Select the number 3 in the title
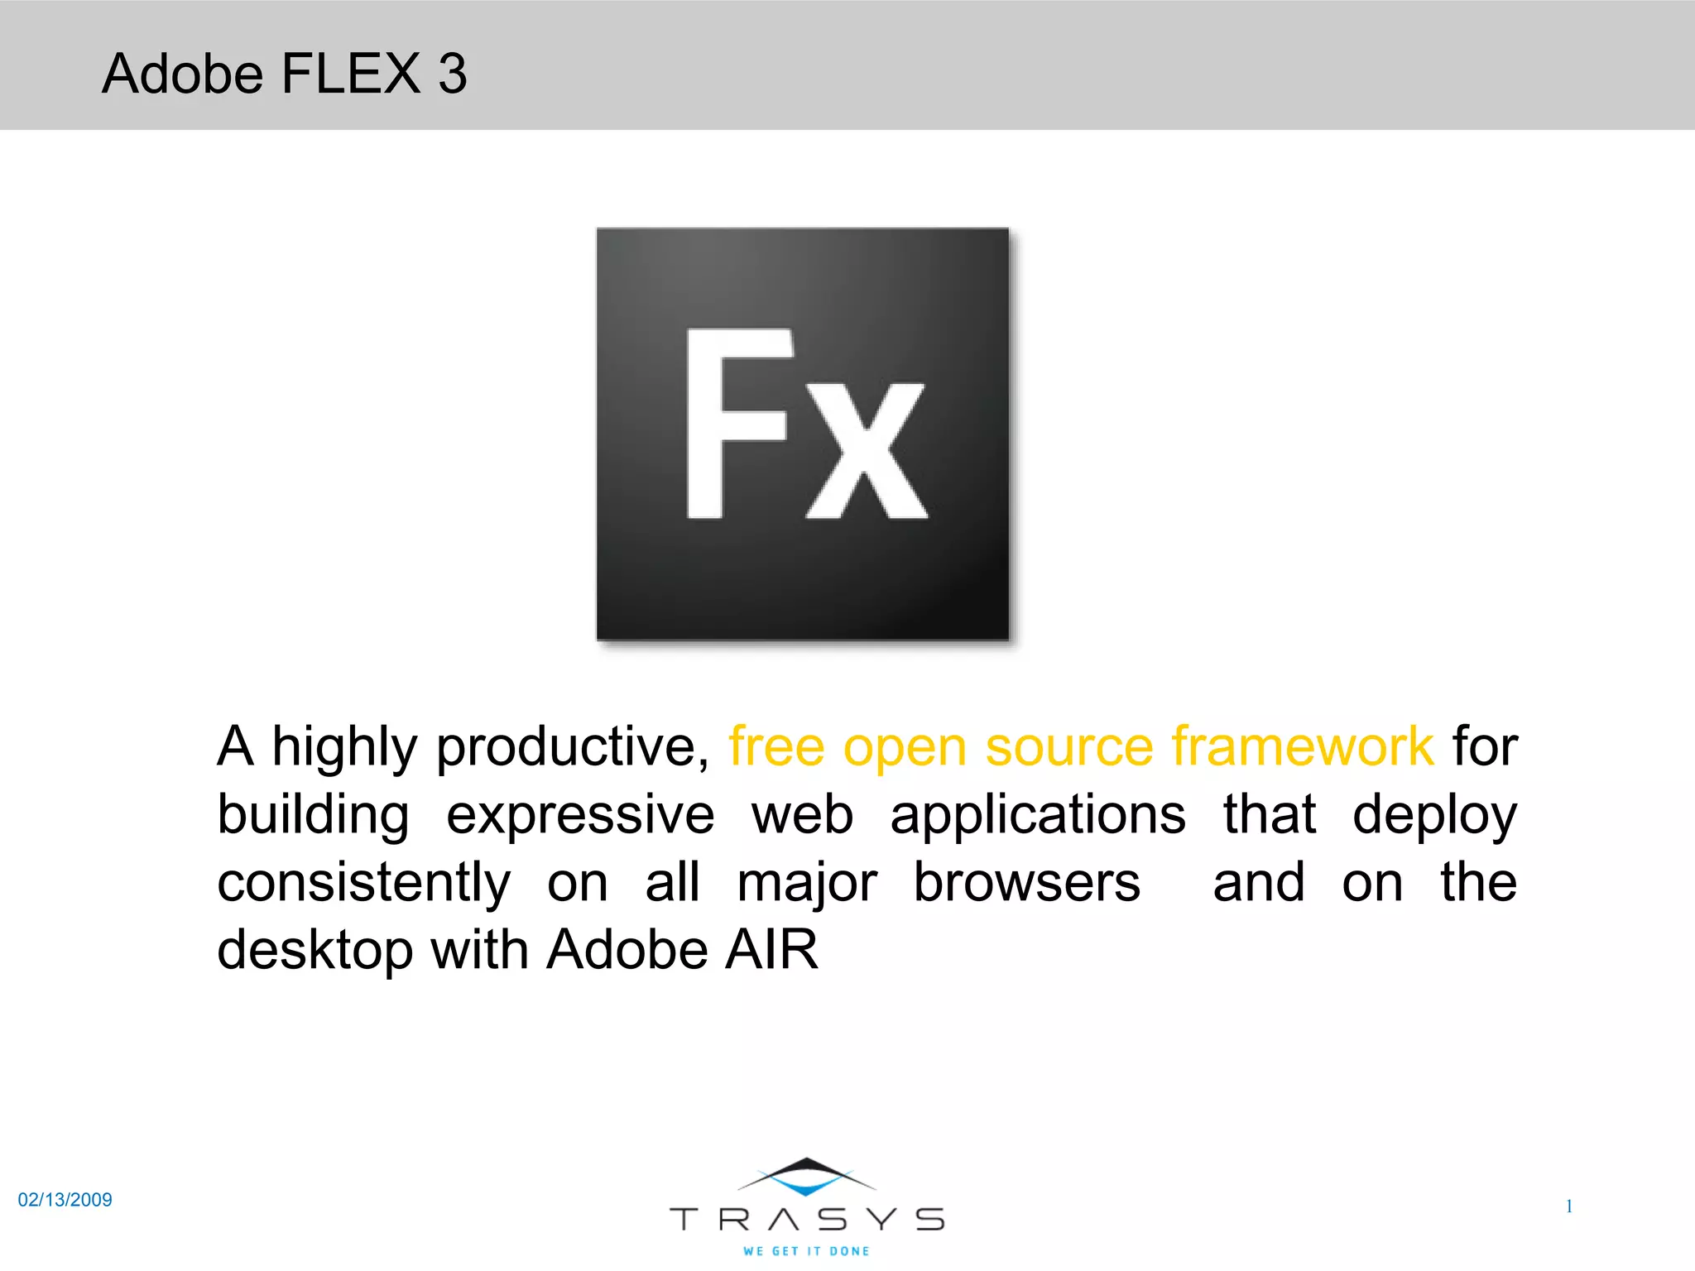453,74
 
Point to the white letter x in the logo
867,450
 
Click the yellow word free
776,746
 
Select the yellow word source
1068,746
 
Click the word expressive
580,816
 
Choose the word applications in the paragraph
1038,816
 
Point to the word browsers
1026,882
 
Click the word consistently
364,882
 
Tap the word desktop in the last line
315,950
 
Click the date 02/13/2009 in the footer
65,1200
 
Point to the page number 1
1568,1206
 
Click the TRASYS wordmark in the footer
807,1219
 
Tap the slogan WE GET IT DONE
806,1251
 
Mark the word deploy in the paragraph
1434,816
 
